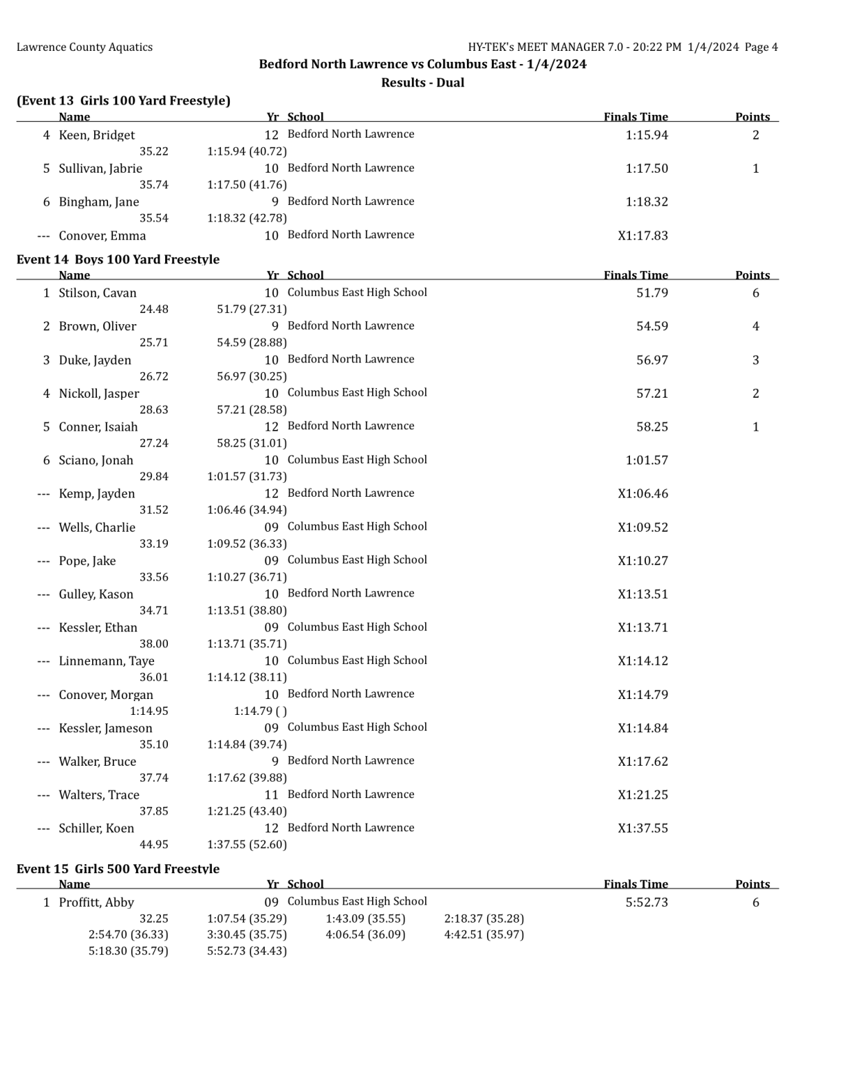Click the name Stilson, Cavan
click(97, 293)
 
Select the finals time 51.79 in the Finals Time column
click(651, 293)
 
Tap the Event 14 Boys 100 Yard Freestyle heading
click(118, 259)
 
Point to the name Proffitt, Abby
click(96, 903)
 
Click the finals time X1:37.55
click(642, 828)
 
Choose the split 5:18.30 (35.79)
click(128, 951)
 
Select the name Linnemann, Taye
click(106, 661)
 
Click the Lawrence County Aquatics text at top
click(85, 47)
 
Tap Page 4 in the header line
click(761, 47)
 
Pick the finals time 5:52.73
click(646, 903)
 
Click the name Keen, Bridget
click(96, 136)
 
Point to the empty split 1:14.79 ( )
click(260, 711)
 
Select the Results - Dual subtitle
click(422, 83)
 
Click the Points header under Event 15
click(752, 884)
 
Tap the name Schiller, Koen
click(96, 828)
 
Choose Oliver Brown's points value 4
click(755, 327)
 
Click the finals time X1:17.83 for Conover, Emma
click(642, 236)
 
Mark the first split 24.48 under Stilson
click(153, 310)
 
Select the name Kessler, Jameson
click(105, 729)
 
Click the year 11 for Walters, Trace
click(271, 795)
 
